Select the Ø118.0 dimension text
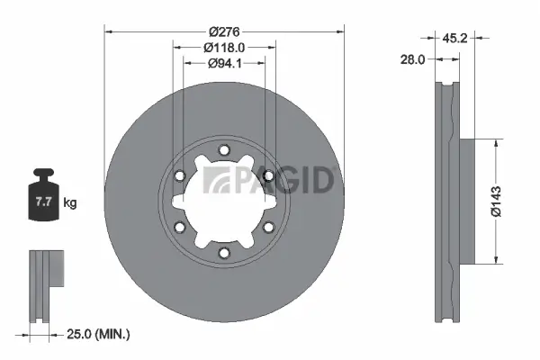(x=224, y=46)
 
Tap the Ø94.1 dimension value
(x=224, y=63)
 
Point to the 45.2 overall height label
(x=454, y=38)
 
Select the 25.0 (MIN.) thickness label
(x=99, y=334)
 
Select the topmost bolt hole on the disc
(x=224, y=151)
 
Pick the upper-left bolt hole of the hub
(x=181, y=176)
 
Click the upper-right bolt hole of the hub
(x=267, y=176)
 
